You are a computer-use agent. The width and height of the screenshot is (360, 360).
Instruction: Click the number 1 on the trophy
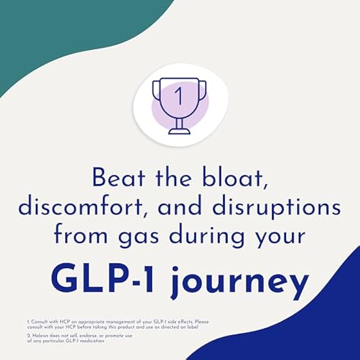coord(179,96)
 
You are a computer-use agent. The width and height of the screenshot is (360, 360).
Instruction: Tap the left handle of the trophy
coord(156,90)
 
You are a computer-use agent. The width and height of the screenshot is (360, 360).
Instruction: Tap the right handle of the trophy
coord(202,90)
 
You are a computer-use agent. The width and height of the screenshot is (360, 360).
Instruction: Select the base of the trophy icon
coord(179,131)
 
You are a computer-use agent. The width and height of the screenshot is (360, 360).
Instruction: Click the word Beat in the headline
coord(118,178)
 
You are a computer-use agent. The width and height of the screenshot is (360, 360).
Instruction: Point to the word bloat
coord(235,178)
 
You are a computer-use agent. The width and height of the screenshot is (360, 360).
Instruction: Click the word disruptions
coord(277,208)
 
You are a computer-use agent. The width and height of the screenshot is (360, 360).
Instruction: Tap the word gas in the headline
coord(138,238)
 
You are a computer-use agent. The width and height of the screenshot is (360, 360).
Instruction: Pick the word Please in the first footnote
coord(202,321)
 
